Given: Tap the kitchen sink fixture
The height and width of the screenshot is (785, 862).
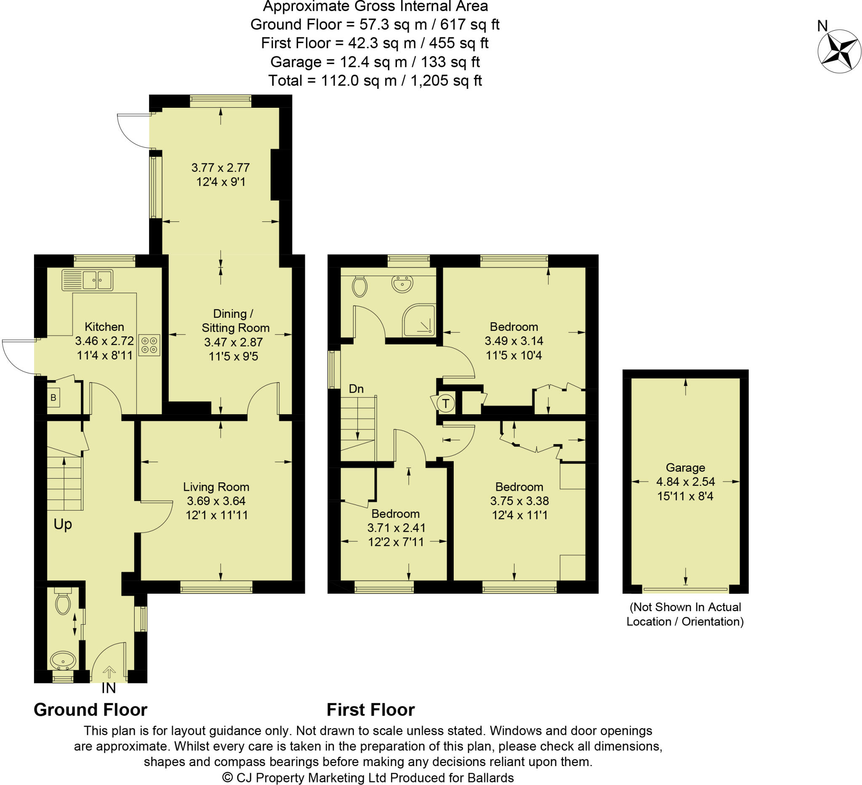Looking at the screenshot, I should (x=87, y=280).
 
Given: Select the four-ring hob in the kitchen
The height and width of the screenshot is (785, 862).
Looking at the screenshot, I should (x=149, y=345).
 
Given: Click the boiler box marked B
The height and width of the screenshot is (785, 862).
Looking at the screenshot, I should (x=53, y=398).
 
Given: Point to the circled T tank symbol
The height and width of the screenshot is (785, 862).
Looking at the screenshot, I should (x=446, y=403).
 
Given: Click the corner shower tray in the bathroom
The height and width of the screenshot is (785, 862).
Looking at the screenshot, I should (x=419, y=320).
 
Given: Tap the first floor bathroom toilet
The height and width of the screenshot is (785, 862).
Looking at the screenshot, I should (x=359, y=286).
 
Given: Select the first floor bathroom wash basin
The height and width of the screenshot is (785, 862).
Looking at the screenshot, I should (x=402, y=283).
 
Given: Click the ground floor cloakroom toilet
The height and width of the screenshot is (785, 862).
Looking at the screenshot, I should (x=63, y=602).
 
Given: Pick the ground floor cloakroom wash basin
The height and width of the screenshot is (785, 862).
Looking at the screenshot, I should (x=63, y=660).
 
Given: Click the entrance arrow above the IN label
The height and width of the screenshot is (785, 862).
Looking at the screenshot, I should (x=109, y=672).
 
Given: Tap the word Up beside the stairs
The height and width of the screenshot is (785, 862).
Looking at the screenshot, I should (x=63, y=524).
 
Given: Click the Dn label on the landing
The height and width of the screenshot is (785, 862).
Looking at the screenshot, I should (x=356, y=389).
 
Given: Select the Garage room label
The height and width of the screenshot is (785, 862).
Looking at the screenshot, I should (x=685, y=467).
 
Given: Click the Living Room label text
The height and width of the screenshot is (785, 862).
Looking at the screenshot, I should (x=216, y=487).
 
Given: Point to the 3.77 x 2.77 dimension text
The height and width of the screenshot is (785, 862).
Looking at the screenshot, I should (x=220, y=168).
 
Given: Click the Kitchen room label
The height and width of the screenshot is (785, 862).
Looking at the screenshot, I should (x=104, y=327).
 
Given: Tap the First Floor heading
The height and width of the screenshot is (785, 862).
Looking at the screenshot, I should (x=370, y=710).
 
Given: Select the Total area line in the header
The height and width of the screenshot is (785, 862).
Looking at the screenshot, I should (x=375, y=80).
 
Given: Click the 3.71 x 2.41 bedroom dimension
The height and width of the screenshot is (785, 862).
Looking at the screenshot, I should (x=396, y=527).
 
